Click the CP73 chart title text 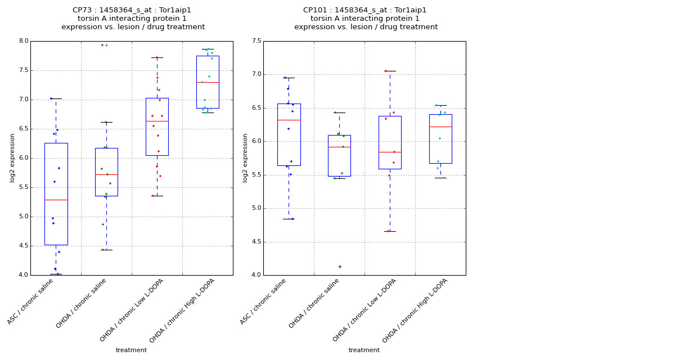133,19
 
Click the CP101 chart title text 366,19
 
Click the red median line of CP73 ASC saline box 56,200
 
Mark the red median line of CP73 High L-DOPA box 208,82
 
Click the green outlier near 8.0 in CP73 102,45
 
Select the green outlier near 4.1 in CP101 340,267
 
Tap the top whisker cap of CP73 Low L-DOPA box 157,57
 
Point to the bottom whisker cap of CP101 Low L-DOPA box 390,231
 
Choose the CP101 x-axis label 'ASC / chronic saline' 263,301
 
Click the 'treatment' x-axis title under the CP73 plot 131,350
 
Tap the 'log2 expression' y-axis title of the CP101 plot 245,157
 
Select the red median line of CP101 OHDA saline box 339,147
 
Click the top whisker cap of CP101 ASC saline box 289,78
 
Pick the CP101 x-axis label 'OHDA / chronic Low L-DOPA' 364,310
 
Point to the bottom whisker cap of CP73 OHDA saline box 106,250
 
